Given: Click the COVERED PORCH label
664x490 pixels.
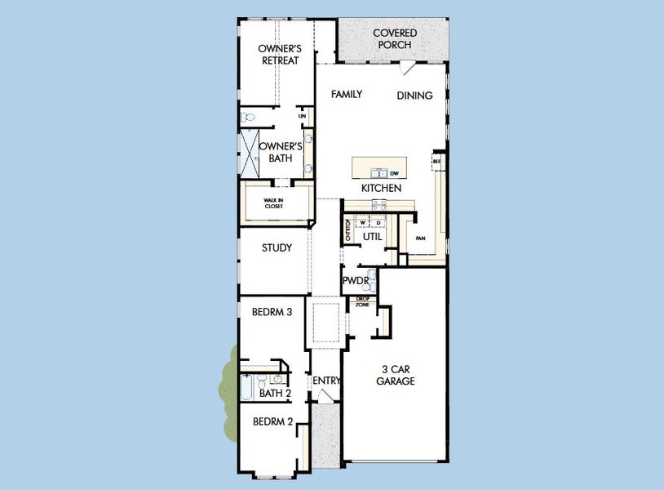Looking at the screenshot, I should (395, 38).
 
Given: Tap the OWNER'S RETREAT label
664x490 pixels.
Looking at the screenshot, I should (277, 55).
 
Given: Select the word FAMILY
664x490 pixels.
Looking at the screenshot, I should (346, 95).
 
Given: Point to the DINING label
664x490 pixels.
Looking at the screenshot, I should (414, 96).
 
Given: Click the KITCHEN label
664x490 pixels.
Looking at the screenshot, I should (381, 189).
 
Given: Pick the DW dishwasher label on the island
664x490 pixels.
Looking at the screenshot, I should (393, 173).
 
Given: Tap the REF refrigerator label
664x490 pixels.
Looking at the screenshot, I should (436, 162).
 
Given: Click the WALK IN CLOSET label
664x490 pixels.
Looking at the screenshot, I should (273, 203).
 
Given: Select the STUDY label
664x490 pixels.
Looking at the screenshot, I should (277, 248).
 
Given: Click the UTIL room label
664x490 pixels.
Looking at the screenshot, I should (373, 237).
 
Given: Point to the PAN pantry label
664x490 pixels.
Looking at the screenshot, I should (420, 238).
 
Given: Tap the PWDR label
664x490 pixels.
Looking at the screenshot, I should (356, 280).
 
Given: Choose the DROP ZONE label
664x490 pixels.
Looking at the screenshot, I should (362, 301).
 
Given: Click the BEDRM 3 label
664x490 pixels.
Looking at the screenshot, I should (272, 311).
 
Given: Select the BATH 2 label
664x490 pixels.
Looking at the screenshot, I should (275, 394).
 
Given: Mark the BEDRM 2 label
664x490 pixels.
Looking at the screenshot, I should (272, 422).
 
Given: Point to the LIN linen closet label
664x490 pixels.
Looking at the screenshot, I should (302, 117).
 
